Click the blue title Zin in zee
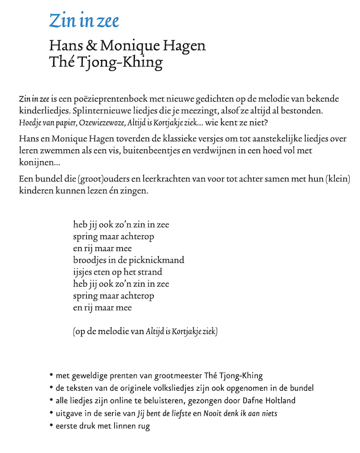[84, 21]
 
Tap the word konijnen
[37, 161]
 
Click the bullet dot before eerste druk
[51, 426]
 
